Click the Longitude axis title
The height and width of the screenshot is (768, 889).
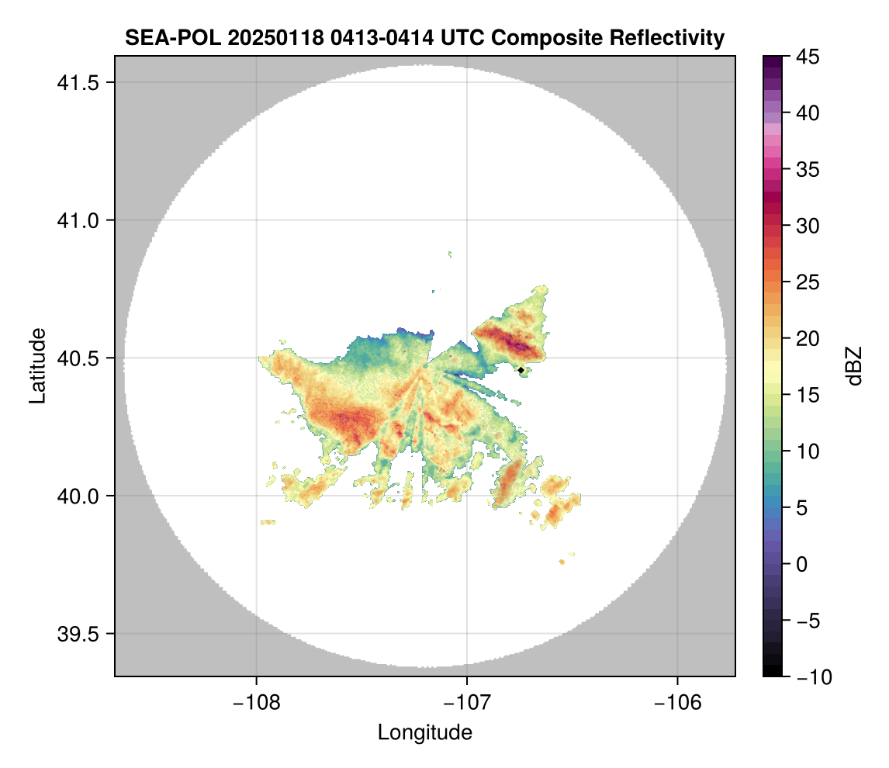(424, 732)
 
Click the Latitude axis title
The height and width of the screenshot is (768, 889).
(36, 365)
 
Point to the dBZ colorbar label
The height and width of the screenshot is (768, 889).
(855, 365)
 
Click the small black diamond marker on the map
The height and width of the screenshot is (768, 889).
(521, 370)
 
